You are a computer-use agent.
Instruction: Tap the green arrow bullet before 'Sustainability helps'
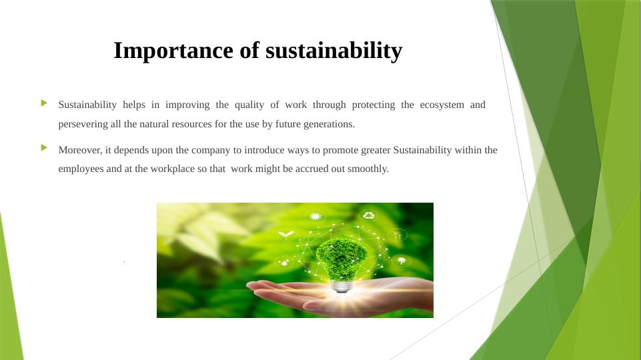coord(44,103)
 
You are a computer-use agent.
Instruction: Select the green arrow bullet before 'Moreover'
coord(44,147)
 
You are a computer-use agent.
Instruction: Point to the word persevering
coord(83,125)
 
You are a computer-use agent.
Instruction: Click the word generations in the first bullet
coord(330,125)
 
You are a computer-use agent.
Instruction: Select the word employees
coord(81,169)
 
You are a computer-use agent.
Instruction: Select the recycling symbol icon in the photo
coord(368,215)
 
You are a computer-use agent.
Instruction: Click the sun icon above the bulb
coord(315,215)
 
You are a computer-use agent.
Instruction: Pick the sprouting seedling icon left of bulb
coord(286,235)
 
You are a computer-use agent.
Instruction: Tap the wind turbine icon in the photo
coord(397,235)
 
